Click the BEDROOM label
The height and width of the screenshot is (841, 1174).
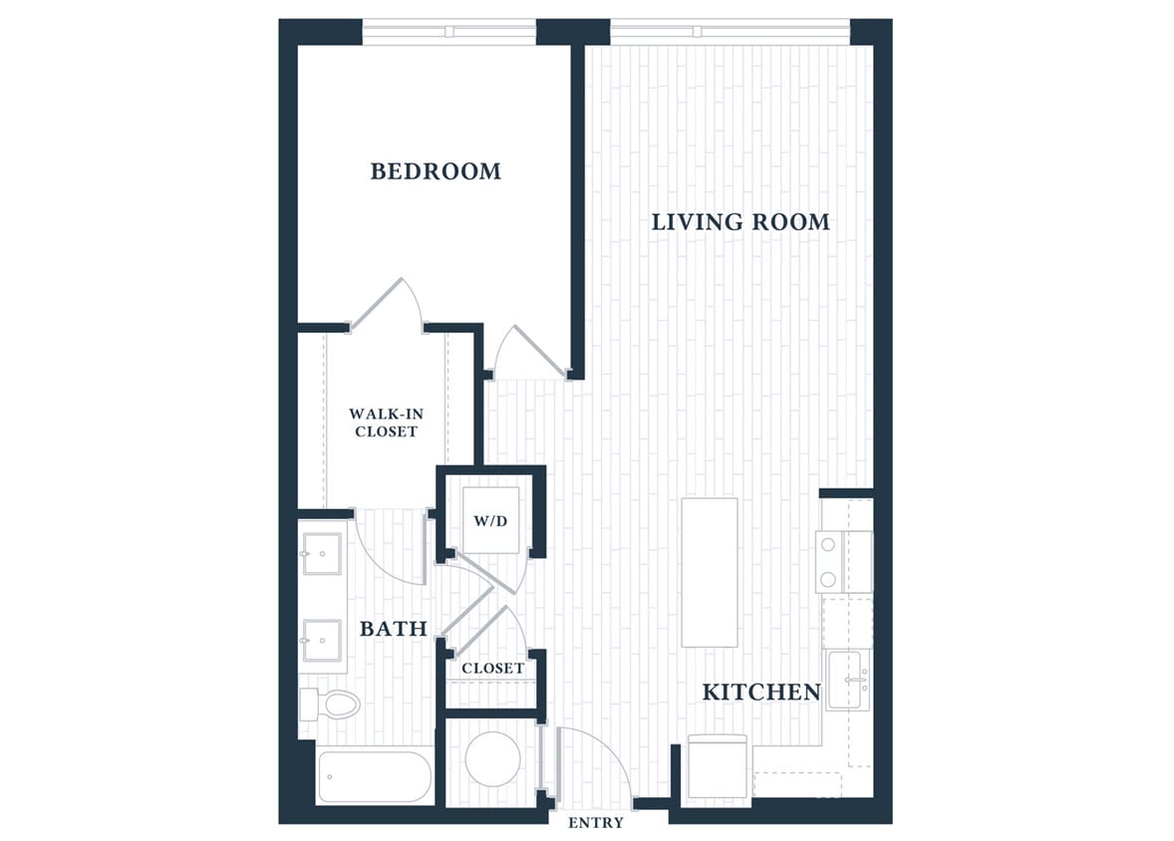point(436,171)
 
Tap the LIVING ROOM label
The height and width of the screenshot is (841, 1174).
point(740,221)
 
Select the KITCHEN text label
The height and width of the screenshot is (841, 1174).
point(761,692)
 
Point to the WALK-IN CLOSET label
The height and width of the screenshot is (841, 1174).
point(384,422)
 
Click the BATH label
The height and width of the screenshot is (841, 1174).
point(393,629)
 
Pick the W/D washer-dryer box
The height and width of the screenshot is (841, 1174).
point(491,520)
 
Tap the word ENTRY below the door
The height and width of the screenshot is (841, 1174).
point(596,823)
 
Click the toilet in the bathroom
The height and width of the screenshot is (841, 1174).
point(330,704)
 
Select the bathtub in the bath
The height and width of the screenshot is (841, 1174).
point(375,777)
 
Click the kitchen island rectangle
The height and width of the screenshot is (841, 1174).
point(710,572)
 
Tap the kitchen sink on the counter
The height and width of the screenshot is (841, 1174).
point(847,680)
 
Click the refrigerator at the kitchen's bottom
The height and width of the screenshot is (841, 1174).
point(718,767)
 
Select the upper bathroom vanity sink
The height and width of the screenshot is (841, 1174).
point(322,554)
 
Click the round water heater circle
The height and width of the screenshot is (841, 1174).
point(492,759)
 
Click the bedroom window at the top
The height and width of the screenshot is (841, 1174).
point(448,32)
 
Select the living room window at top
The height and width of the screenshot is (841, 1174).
point(730,32)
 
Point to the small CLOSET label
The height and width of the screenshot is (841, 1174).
point(492,668)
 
